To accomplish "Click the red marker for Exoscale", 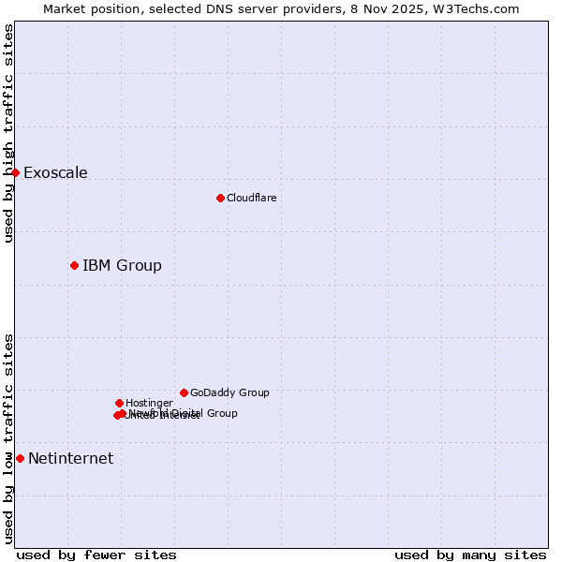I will click(15, 172).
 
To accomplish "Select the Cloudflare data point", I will click(220, 198).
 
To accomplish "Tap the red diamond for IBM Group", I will click(74, 265).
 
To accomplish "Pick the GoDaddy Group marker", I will click(184, 392).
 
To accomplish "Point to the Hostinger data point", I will click(119, 403).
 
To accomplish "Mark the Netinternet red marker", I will click(20, 458).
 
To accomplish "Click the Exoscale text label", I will click(55, 172).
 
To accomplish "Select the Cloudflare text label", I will click(252, 198).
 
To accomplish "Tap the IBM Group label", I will click(122, 265).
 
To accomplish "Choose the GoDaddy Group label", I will click(229, 392).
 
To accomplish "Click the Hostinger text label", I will click(149, 403).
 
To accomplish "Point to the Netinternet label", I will click(70, 458).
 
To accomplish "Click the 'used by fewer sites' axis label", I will click(96, 555).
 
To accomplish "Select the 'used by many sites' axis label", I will click(470, 555).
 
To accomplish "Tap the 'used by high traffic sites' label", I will click(8, 133).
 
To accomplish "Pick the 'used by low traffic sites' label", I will click(8, 438).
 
